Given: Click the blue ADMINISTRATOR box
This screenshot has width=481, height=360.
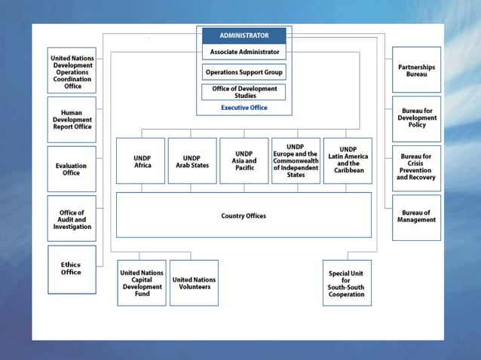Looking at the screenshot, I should pyautogui.click(x=244, y=35).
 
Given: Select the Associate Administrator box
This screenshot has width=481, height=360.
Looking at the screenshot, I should pyautogui.click(x=244, y=52).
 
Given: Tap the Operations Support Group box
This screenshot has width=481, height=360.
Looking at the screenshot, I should pyautogui.click(x=244, y=72).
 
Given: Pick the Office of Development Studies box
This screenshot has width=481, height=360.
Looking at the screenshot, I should pyautogui.click(x=244, y=92).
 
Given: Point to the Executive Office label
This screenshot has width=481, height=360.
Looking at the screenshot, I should pyautogui.click(x=244, y=108).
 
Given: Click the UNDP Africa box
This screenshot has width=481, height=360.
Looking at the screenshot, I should pyautogui.click(x=140, y=161).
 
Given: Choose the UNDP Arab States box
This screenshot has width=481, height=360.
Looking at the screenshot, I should pyautogui.click(x=192, y=161).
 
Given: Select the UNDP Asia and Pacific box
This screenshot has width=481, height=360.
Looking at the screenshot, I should pyautogui.click(x=244, y=161).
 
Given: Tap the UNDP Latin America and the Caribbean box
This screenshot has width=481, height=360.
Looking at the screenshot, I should pyautogui.click(x=348, y=161).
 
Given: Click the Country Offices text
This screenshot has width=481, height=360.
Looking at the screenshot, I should pyautogui.click(x=244, y=216).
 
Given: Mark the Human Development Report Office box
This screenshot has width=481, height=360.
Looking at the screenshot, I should pyautogui.click(x=72, y=120).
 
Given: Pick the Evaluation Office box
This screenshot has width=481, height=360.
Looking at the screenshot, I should pyautogui.click(x=72, y=169).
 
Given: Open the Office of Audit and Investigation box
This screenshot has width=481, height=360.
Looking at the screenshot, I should pyautogui.click(x=72, y=219).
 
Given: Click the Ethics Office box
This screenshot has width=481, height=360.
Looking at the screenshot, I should pyautogui.click(x=72, y=269).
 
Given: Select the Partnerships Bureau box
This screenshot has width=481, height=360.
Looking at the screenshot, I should pyautogui.click(x=416, y=71).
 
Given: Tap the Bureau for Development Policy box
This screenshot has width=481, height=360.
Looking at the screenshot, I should pyautogui.click(x=416, y=118).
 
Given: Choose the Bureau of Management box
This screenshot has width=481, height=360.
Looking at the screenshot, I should pyautogui.click(x=416, y=217).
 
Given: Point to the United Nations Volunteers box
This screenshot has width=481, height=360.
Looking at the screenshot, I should pyautogui.click(x=194, y=282).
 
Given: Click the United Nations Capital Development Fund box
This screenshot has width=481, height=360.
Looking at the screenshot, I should pyautogui.click(x=142, y=282).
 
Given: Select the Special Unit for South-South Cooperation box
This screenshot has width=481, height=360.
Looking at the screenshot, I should pyautogui.click(x=346, y=282).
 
